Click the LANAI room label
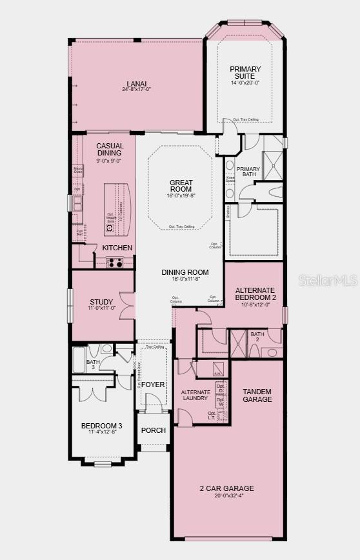(x=136, y=83)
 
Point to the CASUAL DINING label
(x=110, y=150)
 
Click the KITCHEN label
(x=117, y=248)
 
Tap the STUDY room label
(x=102, y=302)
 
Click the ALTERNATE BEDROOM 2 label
(x=255, y=294)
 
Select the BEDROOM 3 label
(x=101, y=426)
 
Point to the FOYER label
(x=153, y=385)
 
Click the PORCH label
(x=153, y=430)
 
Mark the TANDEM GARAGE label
(x=257, y=395)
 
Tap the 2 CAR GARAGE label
(x=226, y=488)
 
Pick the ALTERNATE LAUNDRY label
(x=194, y=395)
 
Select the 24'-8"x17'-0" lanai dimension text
(x=136, y=89)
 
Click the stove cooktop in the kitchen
(x=115, y=262)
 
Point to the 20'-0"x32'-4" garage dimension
(x=226, y=495)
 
